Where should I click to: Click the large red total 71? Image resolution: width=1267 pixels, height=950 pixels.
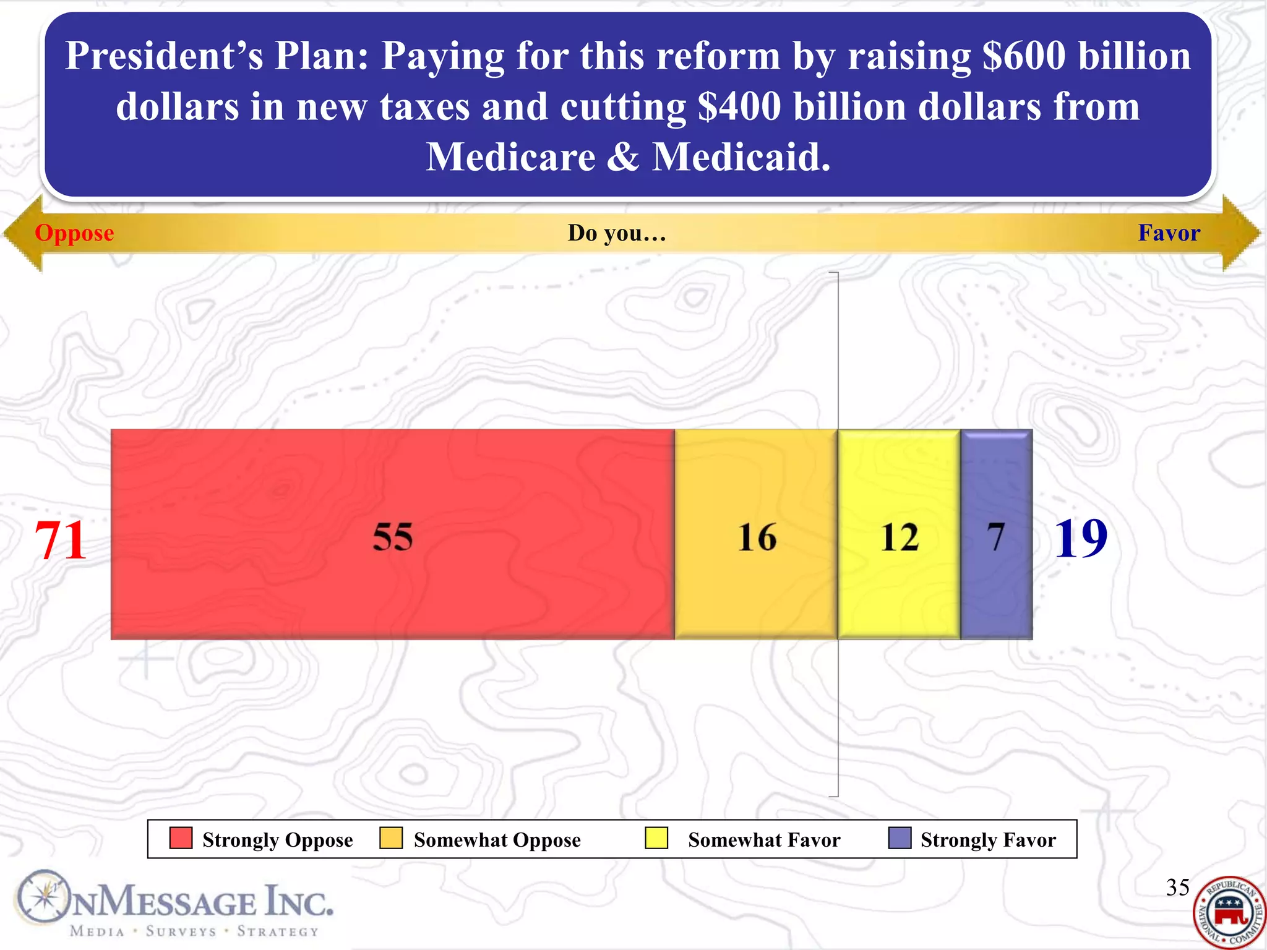[60, 540]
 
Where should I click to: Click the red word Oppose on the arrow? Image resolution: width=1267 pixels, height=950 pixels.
[74, 233]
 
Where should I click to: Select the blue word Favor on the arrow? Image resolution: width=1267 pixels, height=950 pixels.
[1169, 233]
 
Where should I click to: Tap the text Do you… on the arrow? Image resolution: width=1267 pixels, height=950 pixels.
[617, 233]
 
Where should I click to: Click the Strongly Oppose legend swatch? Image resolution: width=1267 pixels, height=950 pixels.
[181, 838]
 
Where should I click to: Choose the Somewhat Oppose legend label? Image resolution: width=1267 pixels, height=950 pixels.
[497, 840]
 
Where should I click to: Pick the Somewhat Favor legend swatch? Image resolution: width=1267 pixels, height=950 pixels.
[656, 838]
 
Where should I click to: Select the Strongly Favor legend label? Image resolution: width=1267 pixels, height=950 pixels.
[988, 840]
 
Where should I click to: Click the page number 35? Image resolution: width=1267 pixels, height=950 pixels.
[1177, 888]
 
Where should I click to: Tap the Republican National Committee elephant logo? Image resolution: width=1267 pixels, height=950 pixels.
[1229, 912]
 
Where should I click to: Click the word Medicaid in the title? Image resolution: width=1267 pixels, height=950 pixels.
[741, 156]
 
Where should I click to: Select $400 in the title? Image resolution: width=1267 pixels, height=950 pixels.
[739, 106]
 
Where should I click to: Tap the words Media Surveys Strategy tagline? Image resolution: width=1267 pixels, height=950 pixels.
[194, 931]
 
